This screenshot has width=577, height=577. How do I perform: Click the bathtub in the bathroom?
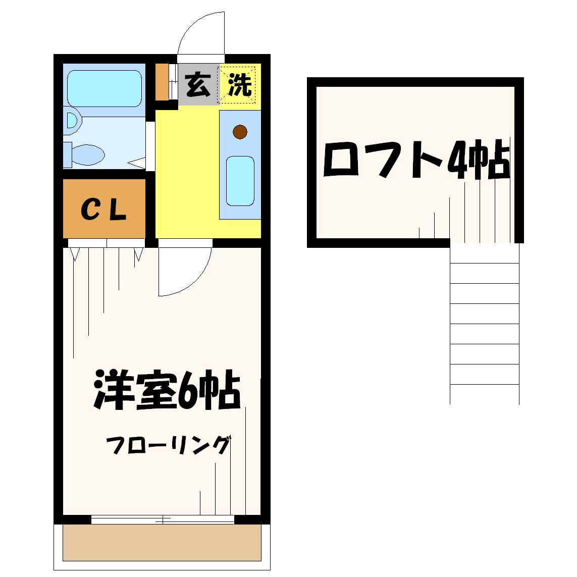104,88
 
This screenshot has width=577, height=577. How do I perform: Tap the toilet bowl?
88,154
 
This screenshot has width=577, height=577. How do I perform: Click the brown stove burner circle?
240,132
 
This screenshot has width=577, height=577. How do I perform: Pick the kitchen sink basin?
240,181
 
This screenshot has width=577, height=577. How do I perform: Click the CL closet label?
104,209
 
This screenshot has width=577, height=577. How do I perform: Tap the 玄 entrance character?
198,85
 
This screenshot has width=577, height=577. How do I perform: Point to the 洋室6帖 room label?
168,389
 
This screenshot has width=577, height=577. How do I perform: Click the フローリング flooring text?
168,445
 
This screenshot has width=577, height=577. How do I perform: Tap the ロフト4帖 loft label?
416,160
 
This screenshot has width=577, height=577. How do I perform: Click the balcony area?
162,543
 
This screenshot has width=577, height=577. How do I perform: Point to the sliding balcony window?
163,519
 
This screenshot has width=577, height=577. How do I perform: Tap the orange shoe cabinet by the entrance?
162,82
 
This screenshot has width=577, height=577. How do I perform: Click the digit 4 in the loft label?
457,160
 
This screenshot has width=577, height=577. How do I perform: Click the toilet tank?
67,154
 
